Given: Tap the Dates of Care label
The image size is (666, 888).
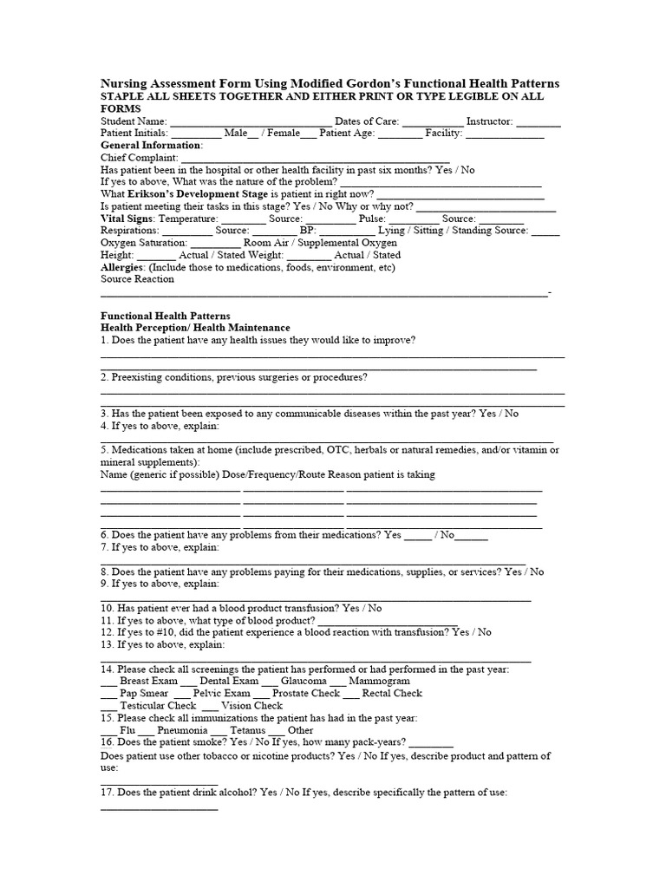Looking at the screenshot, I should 367,122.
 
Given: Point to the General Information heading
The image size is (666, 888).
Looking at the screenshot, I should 152,146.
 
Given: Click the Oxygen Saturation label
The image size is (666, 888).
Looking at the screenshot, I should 144,243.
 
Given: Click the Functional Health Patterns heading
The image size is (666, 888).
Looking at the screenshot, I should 166,316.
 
